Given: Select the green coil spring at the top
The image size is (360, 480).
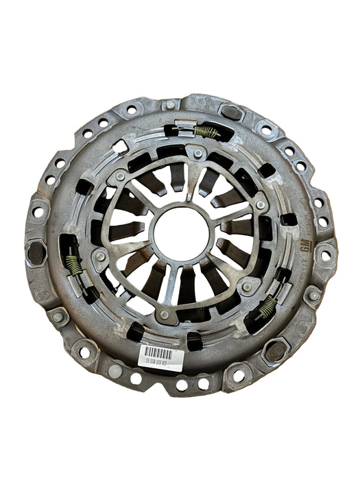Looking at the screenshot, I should coord(206,131).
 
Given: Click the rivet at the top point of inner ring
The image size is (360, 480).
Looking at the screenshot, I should coord(198,154).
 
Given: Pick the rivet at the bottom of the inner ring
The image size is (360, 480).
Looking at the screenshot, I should coord(165,315).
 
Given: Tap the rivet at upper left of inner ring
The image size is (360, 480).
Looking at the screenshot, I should coord(121,176).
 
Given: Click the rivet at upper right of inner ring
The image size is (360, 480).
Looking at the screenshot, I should coord(261,204).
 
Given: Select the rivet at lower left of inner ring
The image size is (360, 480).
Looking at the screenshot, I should coord(101,256).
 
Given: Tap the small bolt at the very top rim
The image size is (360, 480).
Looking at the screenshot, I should coord(170,105).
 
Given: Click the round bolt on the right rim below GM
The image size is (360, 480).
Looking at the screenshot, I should coord(313,295).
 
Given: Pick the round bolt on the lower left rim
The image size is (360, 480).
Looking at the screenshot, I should coord(59,317).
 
